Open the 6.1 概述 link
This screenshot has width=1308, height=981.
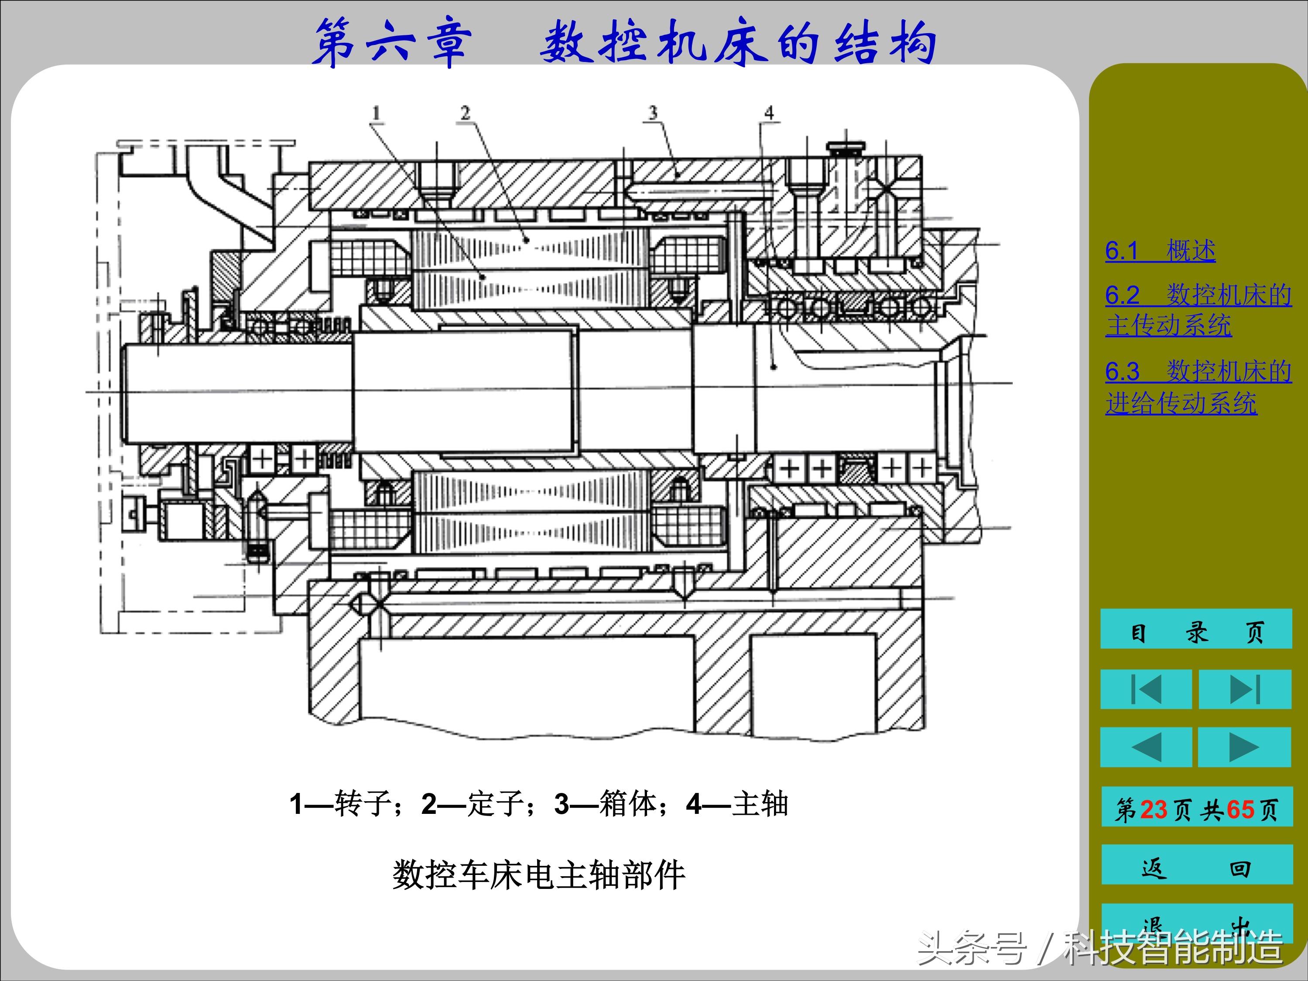(x=1160, y=251)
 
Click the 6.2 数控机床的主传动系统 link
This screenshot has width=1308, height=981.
(x=1198, y=310)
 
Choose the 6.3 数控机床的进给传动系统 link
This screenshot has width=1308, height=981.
(x=1198, y=388)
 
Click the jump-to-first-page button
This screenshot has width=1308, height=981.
(x=1145, y=689)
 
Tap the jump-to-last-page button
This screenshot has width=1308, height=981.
(x=1245, y=689)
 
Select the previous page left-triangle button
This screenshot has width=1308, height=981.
(x=1145, y=748)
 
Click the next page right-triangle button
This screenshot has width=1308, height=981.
(x=1244, y=748)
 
